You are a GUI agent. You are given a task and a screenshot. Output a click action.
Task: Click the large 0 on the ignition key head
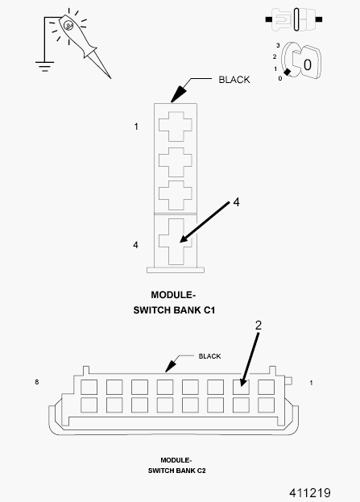pos(311,62)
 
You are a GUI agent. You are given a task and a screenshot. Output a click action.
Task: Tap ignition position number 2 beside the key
pos(275,56)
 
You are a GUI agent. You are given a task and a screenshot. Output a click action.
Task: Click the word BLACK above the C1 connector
pos(234,80)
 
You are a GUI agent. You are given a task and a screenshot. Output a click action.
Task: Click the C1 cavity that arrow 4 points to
pos(174,239)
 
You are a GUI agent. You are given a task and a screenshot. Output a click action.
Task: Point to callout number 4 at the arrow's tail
pos(236,203)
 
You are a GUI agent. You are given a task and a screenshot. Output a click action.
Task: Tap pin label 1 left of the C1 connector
pos(136,127)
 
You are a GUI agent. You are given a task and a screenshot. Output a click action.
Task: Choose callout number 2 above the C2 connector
pos(259,326)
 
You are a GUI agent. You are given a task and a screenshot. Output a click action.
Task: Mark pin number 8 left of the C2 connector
pos(38,380)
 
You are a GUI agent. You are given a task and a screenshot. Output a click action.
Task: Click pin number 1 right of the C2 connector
pos(311,382)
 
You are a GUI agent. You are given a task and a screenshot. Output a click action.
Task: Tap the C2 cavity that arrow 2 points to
pos(239,385)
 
